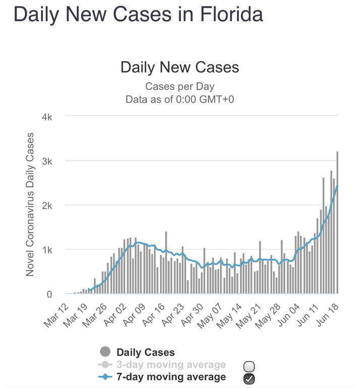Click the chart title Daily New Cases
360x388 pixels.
[180, 67]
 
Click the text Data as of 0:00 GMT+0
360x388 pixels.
[180, 99]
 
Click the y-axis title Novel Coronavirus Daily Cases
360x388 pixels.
[30, 204]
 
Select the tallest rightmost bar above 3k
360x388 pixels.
[337, 222]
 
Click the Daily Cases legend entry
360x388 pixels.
[145, 352]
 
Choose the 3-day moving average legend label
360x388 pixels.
[171, 365]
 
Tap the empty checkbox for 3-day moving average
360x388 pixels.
[249, 366]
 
